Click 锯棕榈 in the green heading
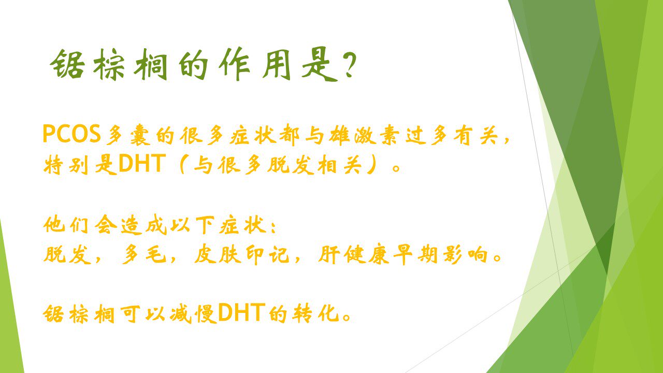pos(109,64)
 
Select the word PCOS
pos(71,134)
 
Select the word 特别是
pos(80,164)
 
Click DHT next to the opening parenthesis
pos(141,163)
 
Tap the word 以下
pos(192,225)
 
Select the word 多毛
pos(144,254)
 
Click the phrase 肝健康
pos(354,254)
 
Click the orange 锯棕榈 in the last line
pos(79,314)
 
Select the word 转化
pos(315,314)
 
